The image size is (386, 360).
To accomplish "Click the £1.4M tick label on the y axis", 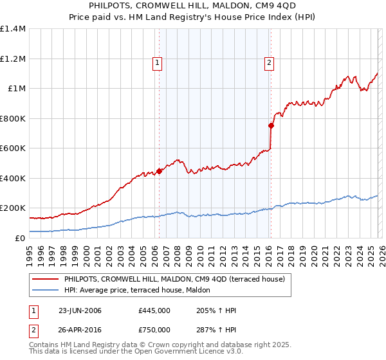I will pyautogui.click(x=13, y=29).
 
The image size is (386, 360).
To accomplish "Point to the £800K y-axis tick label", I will pyautogui.click(x=13, y=118).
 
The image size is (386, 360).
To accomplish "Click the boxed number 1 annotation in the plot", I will pyautogui.click(x=158, y=62).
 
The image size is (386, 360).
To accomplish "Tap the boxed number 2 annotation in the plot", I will pyautogui.click(x=268, y=62).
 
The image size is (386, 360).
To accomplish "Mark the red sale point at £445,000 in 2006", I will pyautogui.click(x=159, y=171).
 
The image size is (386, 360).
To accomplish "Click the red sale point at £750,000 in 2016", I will pyautogui.click(x=271, y=126).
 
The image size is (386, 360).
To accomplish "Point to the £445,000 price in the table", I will pyautogui.click(x=154, y=310).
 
